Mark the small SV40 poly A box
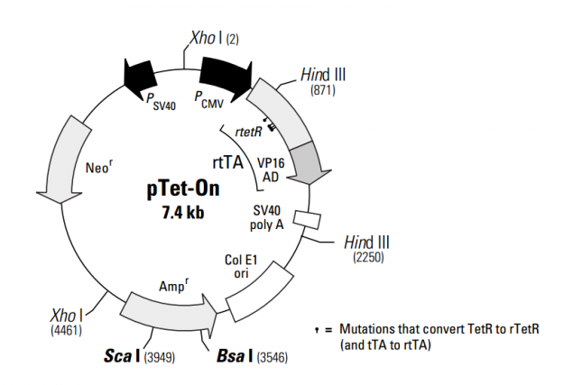click(309, 220)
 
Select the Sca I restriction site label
click(122, 357)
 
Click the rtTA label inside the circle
click(226, 162)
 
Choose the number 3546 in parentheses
click(273, 358)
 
